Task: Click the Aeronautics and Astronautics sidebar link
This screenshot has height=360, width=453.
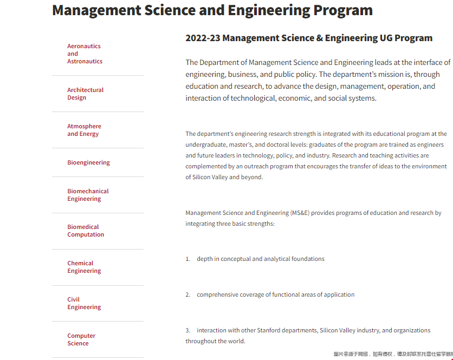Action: pyautogui.click(x=85, y=54)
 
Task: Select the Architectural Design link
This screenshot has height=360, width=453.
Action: pyautogui.click(x=85, y=94)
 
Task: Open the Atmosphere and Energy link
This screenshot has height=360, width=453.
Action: pyautogui.click(x=84, y=130)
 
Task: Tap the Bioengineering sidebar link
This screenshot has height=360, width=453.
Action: pyautogui.click(x=88, y=162)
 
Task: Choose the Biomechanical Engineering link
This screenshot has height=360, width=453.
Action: pyautogui.click(x=88, y=195)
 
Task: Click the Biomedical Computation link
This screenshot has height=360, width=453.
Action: pyautogui.click(x=86, y=231)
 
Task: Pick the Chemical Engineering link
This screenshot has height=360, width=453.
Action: pyautogui.click(x=84, y=267)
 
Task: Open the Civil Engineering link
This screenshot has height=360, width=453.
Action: pyautogui.click(x=84, y=303)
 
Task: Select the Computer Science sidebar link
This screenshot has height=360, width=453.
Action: pyautogui.click(x=81, y=339)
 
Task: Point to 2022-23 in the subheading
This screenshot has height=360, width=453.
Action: pyautogui.click(x=203, y=38)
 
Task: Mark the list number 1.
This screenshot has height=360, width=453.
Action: pyautogui.click(x=187, y=259)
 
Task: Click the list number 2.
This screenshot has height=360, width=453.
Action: pyautogui.click(x=187, y=294)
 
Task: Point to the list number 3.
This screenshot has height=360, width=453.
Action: pyautogui.click(x=187, y=330)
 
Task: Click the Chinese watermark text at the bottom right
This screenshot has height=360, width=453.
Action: pyautogui.click(x=393, y=354)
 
